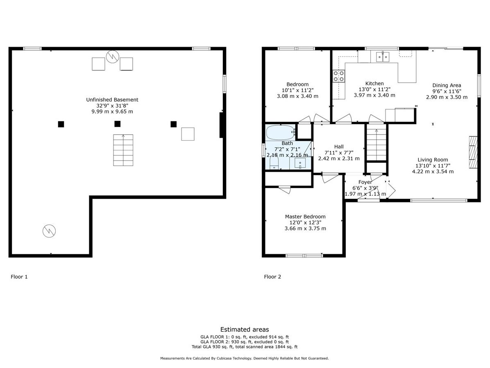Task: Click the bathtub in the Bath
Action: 280,132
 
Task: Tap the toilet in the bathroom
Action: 274,163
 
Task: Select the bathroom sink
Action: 300,163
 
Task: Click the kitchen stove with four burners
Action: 338,76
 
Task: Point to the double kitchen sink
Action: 383,57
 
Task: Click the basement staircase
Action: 123,150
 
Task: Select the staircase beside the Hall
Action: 377,144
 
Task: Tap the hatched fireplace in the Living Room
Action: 473,152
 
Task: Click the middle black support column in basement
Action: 117,124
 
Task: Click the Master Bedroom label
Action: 305,217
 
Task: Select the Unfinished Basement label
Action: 112,100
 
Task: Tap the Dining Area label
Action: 447,85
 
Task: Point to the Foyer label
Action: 365,182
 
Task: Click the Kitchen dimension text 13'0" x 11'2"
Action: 374,89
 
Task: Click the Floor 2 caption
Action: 272,277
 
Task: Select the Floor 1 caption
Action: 19,277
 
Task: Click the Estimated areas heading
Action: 244,329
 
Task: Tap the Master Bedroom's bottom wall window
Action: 304,255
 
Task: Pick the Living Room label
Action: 433,160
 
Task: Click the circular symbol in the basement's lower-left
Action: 49,231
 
